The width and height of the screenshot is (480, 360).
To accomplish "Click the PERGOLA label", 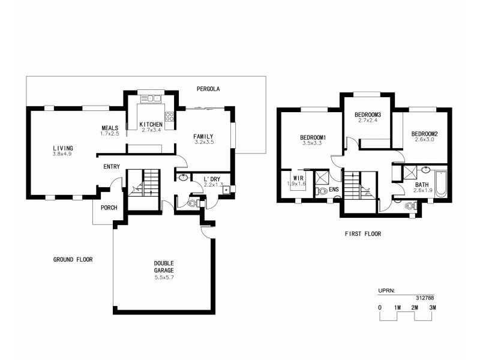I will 208,89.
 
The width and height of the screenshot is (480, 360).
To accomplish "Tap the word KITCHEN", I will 151,124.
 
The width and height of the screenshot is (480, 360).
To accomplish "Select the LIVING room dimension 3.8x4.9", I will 62,154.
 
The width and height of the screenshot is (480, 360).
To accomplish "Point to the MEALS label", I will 110,128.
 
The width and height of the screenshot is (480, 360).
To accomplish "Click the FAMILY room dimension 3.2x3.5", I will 204,143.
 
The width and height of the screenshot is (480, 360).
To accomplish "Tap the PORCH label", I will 109,208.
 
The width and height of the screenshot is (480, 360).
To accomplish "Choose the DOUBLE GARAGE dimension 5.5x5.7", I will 164,277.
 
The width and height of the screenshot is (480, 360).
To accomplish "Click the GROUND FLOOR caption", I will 73,260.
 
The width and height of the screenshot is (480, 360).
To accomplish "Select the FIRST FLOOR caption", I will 363,234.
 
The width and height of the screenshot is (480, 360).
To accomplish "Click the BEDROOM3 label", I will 368,115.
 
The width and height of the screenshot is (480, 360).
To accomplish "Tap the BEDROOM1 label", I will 313,137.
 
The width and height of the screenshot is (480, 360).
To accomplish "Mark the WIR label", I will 298,178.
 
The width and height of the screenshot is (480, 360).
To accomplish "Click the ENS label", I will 334,190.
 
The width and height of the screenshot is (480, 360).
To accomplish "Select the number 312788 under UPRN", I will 425,297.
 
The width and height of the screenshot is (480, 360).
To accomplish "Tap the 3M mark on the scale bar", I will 433,307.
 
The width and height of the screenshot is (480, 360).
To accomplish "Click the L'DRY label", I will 212,179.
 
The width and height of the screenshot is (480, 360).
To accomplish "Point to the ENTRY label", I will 112,167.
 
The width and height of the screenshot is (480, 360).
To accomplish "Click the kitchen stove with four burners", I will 170,118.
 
